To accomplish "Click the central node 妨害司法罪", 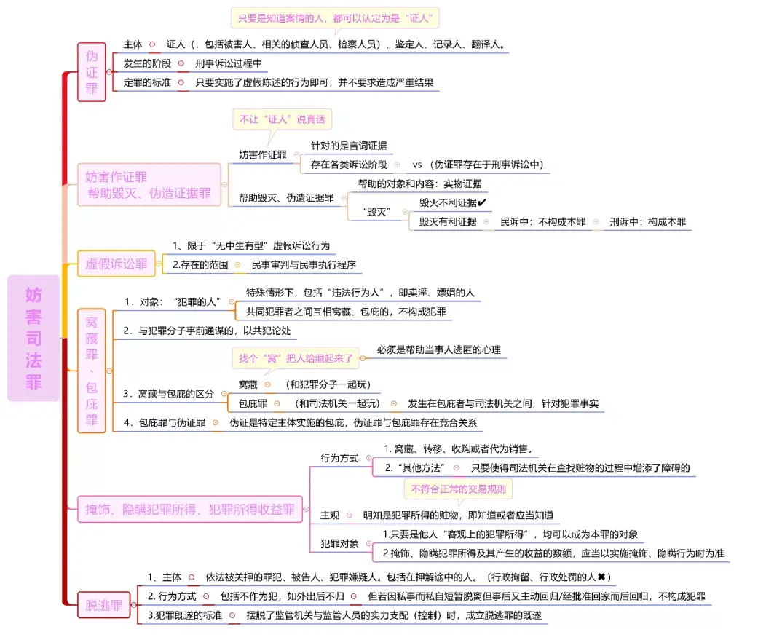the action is (33, 338).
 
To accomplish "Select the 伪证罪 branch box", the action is (92, 72).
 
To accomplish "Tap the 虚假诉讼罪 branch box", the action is (117, 264).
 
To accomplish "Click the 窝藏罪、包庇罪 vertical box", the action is (92, 370).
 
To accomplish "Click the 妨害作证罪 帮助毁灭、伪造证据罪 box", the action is (149, 185).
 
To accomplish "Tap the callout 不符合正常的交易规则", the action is (458, 489).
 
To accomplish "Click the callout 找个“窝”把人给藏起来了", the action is (296, 357).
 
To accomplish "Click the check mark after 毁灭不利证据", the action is (482, 202).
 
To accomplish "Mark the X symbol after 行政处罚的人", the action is (602, 577).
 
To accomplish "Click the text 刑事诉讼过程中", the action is (228, 63).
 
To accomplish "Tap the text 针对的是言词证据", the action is (350, 145).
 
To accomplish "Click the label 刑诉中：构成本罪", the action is (647, 222).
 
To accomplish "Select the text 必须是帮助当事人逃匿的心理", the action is (439, 349).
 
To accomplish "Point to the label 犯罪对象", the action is (340, 543).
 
